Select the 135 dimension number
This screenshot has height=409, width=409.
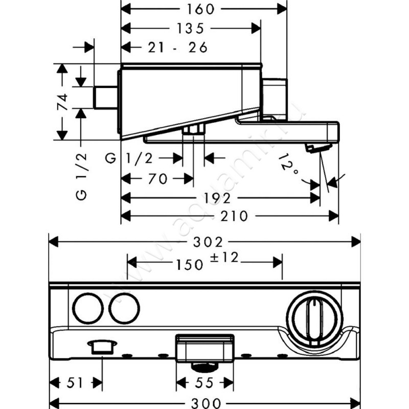click(x=190, y=28)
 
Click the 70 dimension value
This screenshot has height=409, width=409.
click(x=152, y=179)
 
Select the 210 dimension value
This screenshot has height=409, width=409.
click(x=235, y=216)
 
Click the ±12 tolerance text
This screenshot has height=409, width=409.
click(x=223, y=259)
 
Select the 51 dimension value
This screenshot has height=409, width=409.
click(x=73, y=382)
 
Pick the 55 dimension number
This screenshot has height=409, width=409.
click(x=205, y=382)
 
